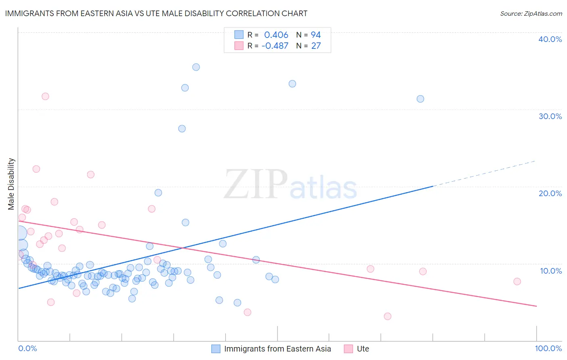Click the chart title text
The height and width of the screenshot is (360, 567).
[x=156, y=13]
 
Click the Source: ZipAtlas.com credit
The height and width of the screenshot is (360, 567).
[x=531, y=13]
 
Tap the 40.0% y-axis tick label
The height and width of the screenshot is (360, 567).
[x=550, y=39]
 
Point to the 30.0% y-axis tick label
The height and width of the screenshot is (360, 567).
[x=550, y=116]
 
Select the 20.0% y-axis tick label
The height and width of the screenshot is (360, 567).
[x=550, y=193]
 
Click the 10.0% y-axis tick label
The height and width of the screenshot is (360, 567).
[x=550, y=271]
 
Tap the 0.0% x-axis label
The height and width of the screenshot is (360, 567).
[x=27, y=348]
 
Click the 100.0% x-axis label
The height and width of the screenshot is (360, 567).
[x=548, y=348]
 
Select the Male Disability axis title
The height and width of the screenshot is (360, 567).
[x=11, y=184]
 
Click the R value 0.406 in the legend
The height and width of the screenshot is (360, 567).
[x=276, y=35]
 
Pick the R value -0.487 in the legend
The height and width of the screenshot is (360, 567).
[x=275, y=46]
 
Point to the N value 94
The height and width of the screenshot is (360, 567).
[x=315, y=35]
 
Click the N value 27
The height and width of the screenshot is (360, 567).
[x=315, y=46]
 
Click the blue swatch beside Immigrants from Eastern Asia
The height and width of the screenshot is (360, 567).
[x=216, y=349]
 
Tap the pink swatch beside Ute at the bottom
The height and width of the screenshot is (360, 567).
[x=348, y=349]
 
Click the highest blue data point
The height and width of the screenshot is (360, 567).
[x=196, y=67]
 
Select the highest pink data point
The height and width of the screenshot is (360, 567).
[x=45, y=96]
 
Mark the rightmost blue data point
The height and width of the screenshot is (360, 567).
[x=420, y=99]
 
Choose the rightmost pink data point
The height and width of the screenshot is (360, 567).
[x=517, y=281]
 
